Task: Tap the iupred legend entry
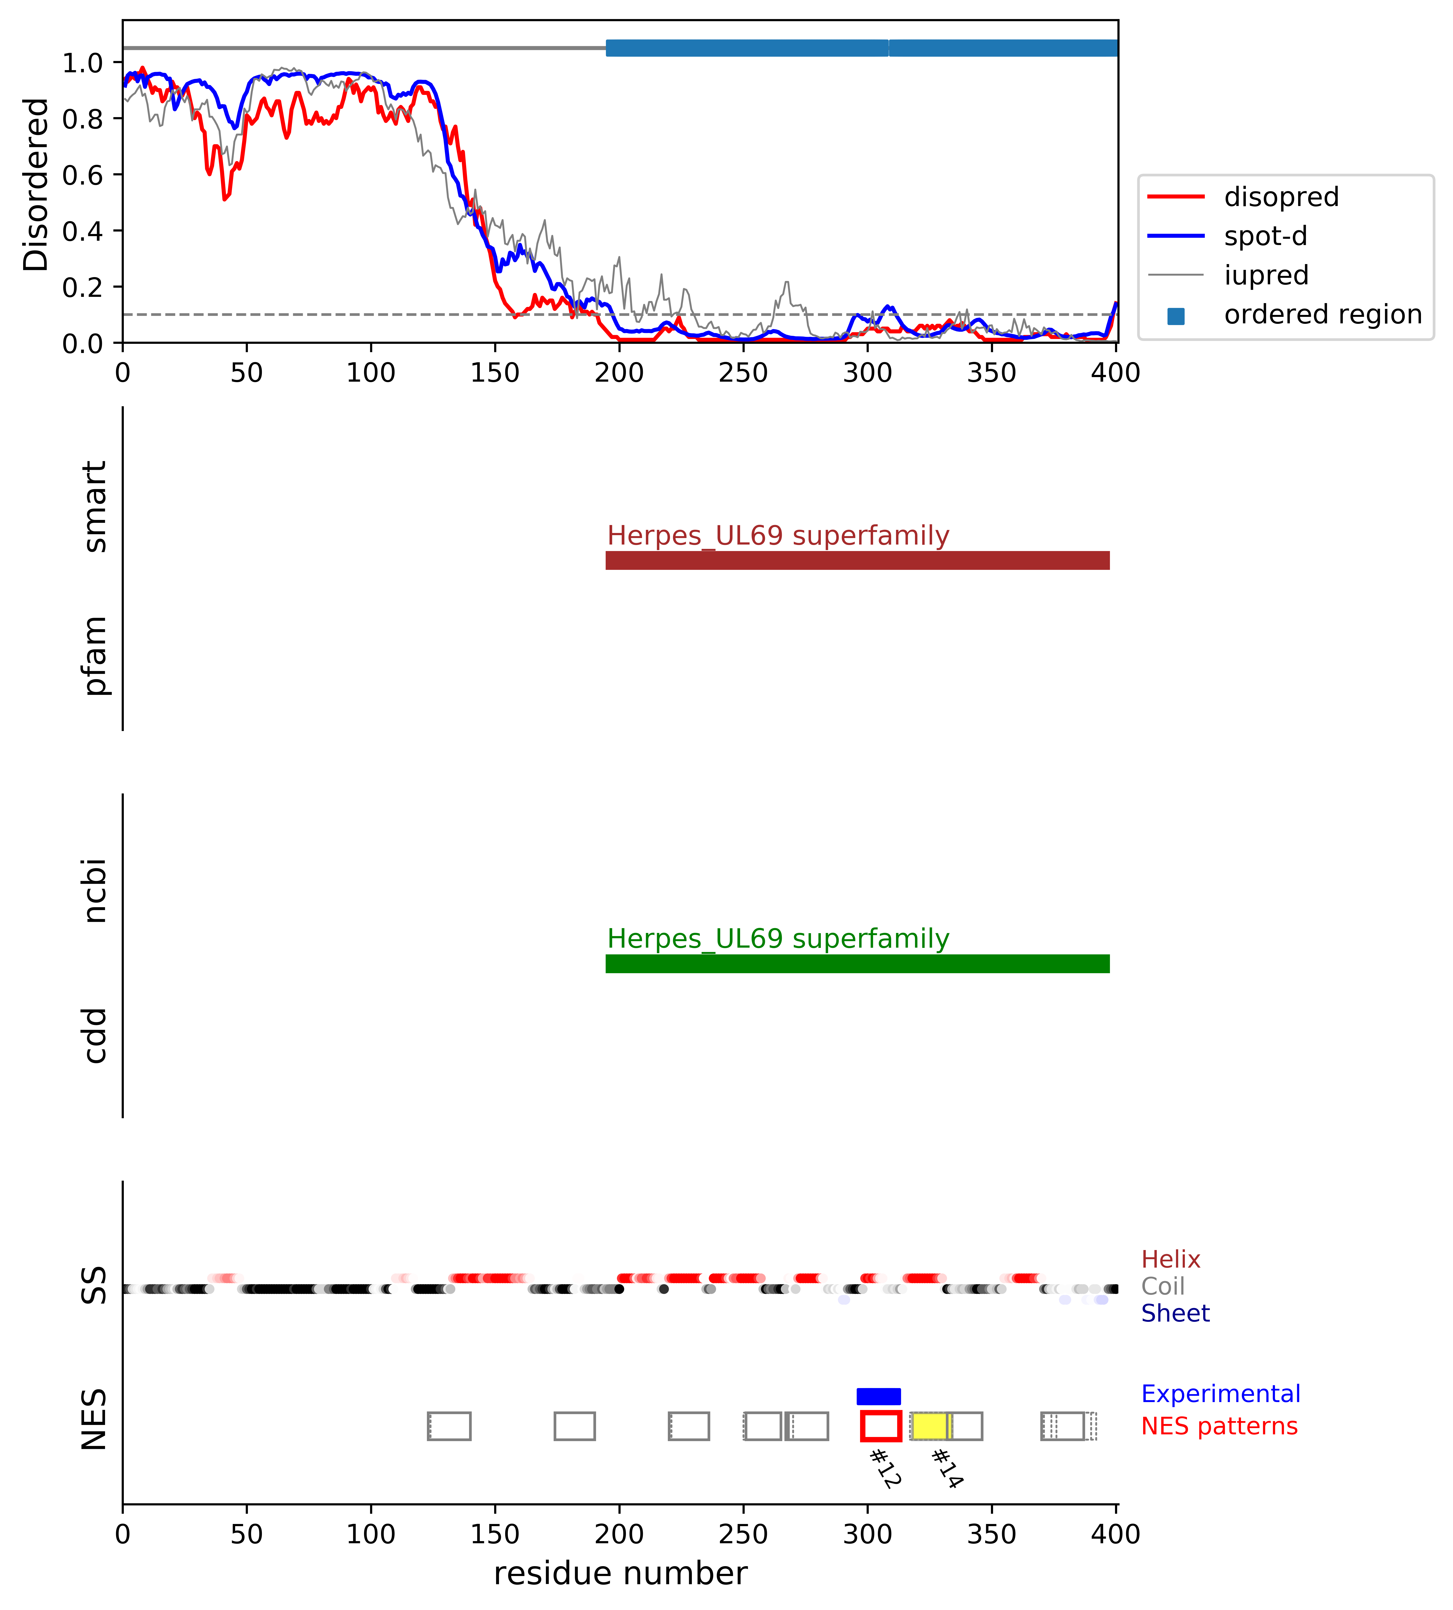[x=1265, y=275]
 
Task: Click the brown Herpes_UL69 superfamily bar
[x=857, y=560]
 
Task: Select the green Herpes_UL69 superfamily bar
[x=857, y=964]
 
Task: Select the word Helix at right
[x=1170, y=1260]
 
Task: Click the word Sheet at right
[x=1175, y=1313]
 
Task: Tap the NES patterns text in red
[x=1219, y=1426]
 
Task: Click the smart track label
[x=94, y=507]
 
